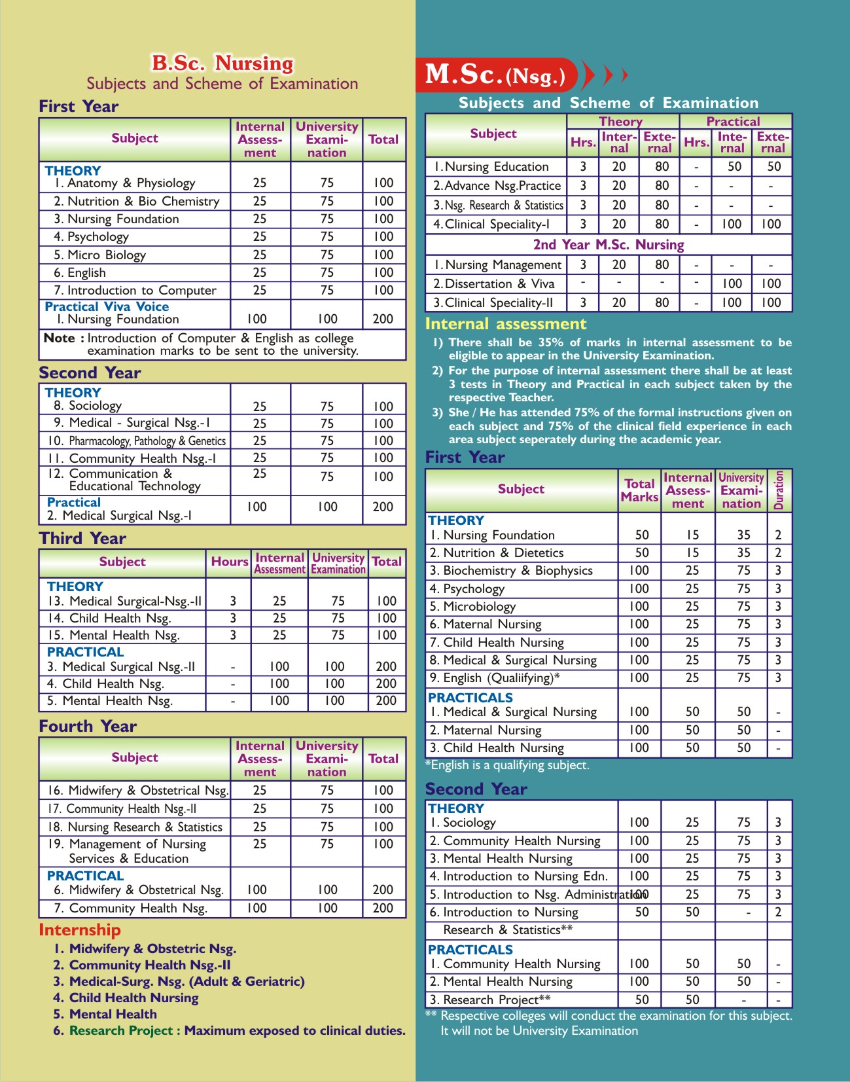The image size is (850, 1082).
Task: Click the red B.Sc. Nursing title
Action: pos(222,63)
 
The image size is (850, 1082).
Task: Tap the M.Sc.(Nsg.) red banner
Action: pos(496,75)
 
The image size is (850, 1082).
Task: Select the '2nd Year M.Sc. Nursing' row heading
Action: pos(609,245)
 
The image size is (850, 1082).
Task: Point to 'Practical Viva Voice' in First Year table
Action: pos(107,306)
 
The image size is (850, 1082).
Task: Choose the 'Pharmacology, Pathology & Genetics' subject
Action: pos(147,441)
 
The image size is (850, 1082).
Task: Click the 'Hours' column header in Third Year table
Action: pos(229,562)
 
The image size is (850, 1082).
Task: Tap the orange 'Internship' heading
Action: pos(80,929)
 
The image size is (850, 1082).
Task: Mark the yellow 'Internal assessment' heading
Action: pos(506,324)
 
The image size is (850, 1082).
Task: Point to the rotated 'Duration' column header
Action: pos(779,490)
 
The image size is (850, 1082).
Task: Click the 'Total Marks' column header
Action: pos(639,490)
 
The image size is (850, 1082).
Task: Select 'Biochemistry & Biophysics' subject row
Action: pos(517,571)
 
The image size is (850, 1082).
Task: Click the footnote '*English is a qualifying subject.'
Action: pos(507,765)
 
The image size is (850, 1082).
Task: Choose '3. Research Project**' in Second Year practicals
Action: pos(496,1000)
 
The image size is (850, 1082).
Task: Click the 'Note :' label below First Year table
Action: pos(63,338)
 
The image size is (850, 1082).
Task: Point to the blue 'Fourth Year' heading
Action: pos(88,726)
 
